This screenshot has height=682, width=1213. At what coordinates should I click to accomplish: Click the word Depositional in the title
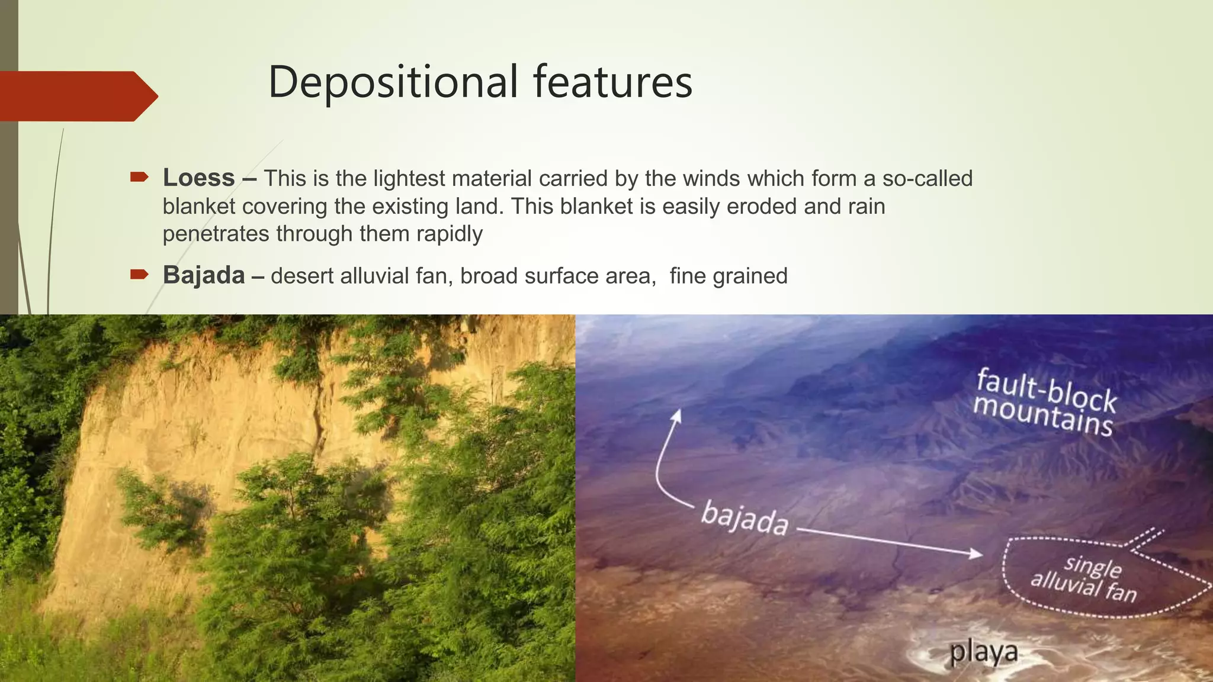(x=393, y=82)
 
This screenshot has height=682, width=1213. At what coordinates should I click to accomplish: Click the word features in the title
(x=612, y=82)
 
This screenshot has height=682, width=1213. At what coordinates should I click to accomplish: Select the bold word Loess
(x=199, y=178)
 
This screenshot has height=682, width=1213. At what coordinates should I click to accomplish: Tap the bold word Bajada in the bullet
(x=204, y=275)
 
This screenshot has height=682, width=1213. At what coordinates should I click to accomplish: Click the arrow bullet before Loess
(x=139, y=177)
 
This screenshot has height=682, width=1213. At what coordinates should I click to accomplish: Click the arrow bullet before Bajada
(x=139, y=274)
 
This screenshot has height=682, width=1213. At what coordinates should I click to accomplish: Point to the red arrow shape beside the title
(x=77, y=96)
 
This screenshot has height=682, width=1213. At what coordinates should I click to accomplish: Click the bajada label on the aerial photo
(x=745, y=517)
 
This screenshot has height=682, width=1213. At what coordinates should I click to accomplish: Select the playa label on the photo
(x=984, y=652)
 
